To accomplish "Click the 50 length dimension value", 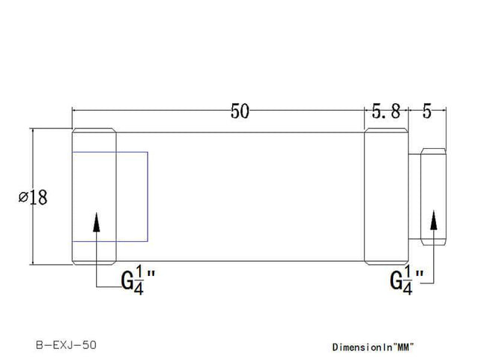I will [x=240, y=112].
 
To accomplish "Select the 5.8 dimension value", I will [x=385, y=112].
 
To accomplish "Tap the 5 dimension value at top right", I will [x=427, y=112].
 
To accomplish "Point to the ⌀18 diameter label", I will [x=33, y=197].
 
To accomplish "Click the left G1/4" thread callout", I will [x=138, y=280].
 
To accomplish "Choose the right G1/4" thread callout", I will [x=407, y=280].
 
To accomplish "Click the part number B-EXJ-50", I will [x=66, y=345].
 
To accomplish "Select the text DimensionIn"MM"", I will [x=372, y=347].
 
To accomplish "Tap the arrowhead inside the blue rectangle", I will [x=97, y=223].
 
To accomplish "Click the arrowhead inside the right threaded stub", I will [x=434, y=221].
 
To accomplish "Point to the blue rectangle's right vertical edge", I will [x=147, y=196].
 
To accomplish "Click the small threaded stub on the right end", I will [x=433, y=196].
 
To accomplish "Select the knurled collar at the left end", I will [x=94, y=196].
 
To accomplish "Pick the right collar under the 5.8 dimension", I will [x=385, y=196].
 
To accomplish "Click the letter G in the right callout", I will [x=396, y=280].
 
